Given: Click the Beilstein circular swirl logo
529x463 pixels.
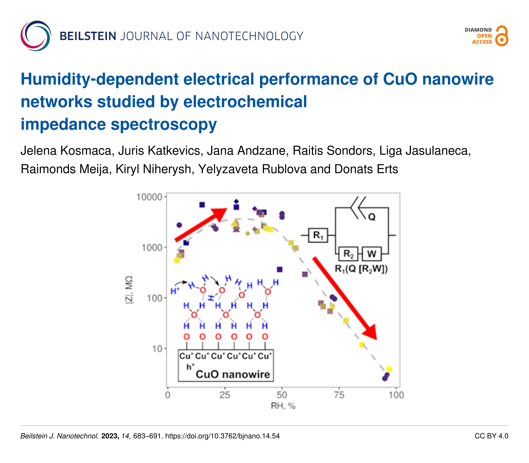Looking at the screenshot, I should point(36,36).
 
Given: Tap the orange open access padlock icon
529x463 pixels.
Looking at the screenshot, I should point(501,36).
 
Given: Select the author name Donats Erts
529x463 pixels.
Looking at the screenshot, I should point(366,169).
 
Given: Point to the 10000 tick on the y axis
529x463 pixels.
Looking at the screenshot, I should point(149,197).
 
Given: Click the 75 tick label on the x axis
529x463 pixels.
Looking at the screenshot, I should point(339,395).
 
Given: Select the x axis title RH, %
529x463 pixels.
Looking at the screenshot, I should point(283,406).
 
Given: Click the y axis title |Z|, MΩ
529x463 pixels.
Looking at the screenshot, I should point(129,290).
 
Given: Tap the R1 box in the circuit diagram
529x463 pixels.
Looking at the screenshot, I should point(318,235).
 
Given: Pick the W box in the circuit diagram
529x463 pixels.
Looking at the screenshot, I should point(371,254).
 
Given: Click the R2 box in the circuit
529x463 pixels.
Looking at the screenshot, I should point(348,254).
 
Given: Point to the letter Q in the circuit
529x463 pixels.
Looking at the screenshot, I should point(372,217).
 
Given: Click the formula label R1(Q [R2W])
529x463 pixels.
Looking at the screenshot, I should point(361,269).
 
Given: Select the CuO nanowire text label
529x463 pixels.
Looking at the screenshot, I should point(233,374).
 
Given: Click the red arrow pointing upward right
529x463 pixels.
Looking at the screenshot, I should point(200,225).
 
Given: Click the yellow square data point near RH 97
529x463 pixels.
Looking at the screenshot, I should point(389,369).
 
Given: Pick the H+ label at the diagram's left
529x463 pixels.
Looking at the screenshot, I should point(175,291).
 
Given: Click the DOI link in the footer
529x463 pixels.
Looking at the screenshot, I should point(222,436).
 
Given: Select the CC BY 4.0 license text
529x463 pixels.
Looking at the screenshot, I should point(491,436).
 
